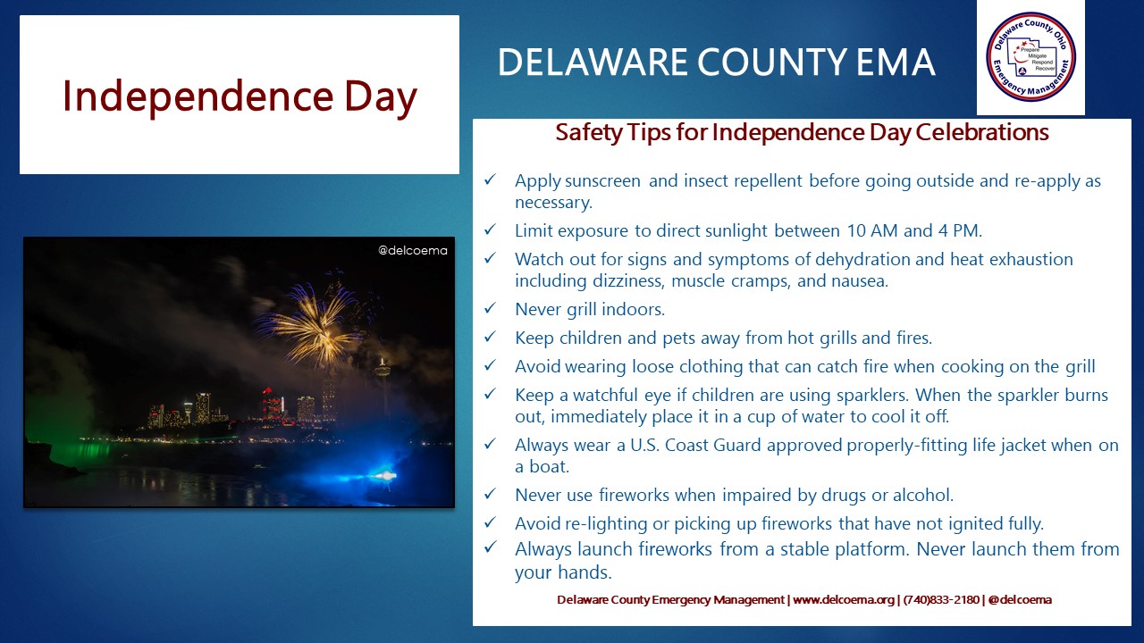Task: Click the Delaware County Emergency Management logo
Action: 1030,57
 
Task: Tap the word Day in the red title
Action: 381,97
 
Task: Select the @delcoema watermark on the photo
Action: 413,251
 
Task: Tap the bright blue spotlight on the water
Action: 384,476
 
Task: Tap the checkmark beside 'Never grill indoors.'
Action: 491,308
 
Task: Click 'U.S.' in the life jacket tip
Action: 644,445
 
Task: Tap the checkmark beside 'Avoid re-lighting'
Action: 491,522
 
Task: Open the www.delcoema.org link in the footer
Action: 843,599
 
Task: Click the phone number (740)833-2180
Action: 941,599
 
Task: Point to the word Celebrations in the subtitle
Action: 982,132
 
